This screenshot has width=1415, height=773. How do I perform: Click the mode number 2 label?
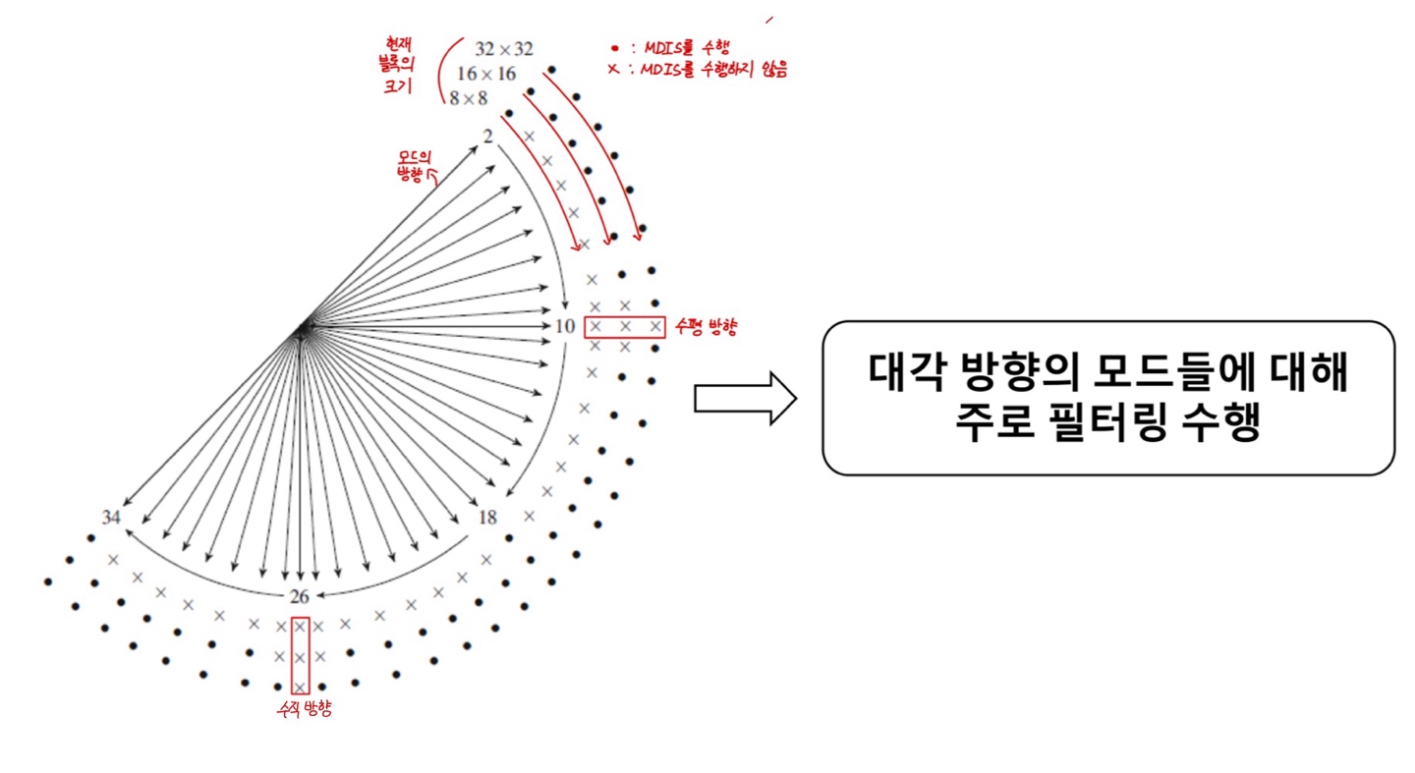pos(487,136)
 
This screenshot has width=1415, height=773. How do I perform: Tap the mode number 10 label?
pos(564,326)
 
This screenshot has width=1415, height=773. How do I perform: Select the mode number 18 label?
pos(487,517)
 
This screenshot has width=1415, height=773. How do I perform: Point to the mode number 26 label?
pos(301,596)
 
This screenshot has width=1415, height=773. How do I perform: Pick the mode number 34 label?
pos(112,517)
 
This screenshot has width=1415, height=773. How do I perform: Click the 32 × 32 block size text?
pos(505,49)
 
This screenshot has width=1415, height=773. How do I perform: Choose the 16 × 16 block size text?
pos(486,74)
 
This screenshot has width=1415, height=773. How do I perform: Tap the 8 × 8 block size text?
pos(469,98)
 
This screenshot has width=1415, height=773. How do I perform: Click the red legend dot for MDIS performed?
pos(614,47)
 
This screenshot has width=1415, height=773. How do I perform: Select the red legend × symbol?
pos(613,69)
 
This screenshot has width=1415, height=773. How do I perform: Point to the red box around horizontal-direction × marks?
pos(625,327)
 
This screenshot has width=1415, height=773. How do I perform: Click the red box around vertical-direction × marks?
pos(301,655)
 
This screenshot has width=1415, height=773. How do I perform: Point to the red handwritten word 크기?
pos(397,89)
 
